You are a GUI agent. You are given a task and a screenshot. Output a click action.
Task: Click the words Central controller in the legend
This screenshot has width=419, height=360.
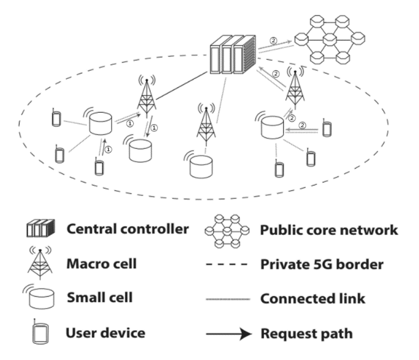tap(127, 229)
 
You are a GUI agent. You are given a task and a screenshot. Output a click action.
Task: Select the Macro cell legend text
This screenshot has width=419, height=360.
tap(101, 263)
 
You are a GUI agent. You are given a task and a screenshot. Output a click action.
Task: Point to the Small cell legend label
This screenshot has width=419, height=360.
tap(99, 297)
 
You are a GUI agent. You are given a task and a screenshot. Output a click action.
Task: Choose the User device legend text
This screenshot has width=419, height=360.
tap(105, 332)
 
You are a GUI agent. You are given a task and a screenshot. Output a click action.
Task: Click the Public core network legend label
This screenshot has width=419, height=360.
tap(329, 230)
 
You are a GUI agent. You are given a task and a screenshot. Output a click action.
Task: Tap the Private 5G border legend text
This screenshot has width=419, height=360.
tap(322, 264)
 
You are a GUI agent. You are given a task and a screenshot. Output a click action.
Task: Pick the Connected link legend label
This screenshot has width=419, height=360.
tap(313, 298)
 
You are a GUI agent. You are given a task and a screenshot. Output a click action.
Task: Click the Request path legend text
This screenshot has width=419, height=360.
tap(307, 333)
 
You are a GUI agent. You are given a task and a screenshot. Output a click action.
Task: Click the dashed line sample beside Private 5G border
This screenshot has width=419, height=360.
tap(227, 265)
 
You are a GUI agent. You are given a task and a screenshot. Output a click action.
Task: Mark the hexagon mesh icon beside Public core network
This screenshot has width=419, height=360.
tap(226, 231)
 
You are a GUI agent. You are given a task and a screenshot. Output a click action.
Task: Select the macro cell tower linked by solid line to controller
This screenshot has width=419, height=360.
tap(147, 97)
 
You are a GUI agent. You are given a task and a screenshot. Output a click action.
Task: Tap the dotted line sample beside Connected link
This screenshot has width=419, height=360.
tap(227, 299)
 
